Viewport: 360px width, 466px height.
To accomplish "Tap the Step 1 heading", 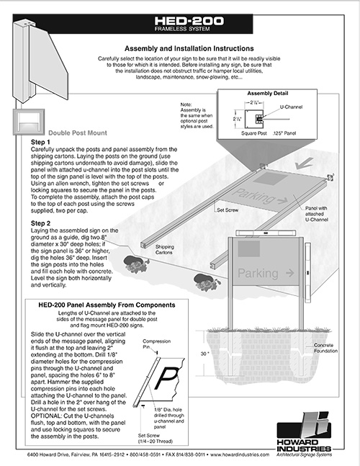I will (40, 143).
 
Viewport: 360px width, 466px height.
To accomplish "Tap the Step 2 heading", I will (40, 223).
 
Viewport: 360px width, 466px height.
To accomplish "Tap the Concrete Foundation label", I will (322, 347).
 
